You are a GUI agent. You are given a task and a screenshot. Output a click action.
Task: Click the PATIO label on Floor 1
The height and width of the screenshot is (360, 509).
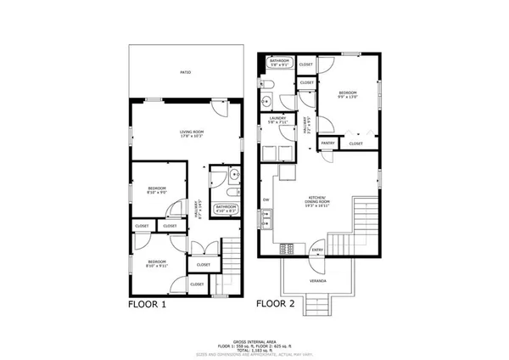(185, 72)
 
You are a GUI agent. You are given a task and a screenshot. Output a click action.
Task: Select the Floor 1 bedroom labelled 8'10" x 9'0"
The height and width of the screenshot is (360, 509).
(156, 189)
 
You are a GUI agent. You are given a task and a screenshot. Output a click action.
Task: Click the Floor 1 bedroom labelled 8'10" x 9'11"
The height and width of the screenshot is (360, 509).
(156, 263)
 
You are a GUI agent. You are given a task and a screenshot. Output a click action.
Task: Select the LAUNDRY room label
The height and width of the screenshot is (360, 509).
(276, 120)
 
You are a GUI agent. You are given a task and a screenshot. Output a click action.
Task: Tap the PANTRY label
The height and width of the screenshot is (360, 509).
(327, 144)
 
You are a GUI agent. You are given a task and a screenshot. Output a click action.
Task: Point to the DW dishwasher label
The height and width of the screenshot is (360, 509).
(266, 200)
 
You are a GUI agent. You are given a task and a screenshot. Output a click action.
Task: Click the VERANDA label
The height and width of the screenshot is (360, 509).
(317, 280)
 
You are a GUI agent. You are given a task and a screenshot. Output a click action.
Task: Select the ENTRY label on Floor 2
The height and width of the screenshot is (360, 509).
(317, 250)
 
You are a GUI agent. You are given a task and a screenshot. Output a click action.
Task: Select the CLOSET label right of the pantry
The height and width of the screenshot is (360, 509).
(355, 143)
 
